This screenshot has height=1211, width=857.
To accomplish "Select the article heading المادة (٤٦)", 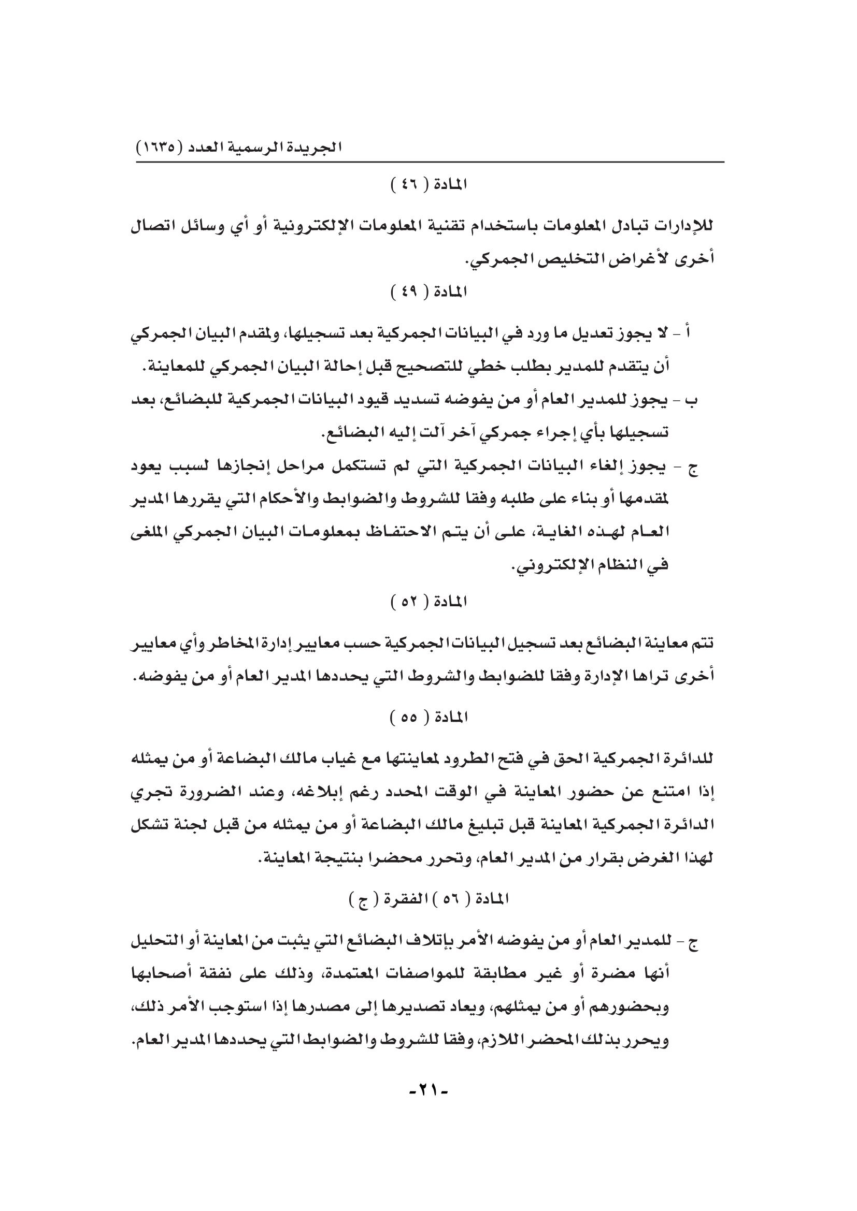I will pos(428,185).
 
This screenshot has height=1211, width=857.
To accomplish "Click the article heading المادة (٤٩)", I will pos(428,291).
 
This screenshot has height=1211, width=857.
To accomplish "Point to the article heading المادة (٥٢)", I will pos(428,601).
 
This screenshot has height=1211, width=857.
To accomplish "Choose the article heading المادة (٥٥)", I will pos(428,717).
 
